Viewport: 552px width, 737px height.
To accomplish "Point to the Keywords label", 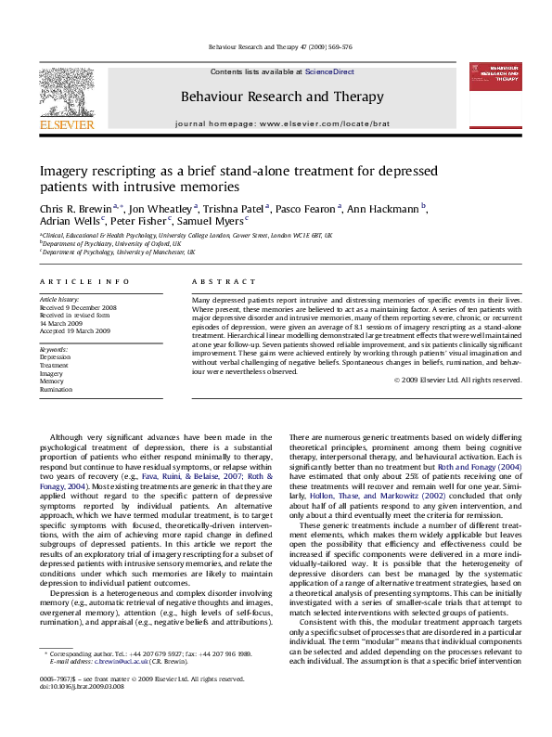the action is [54, 348].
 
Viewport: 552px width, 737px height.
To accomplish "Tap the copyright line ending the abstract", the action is [458, 380].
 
